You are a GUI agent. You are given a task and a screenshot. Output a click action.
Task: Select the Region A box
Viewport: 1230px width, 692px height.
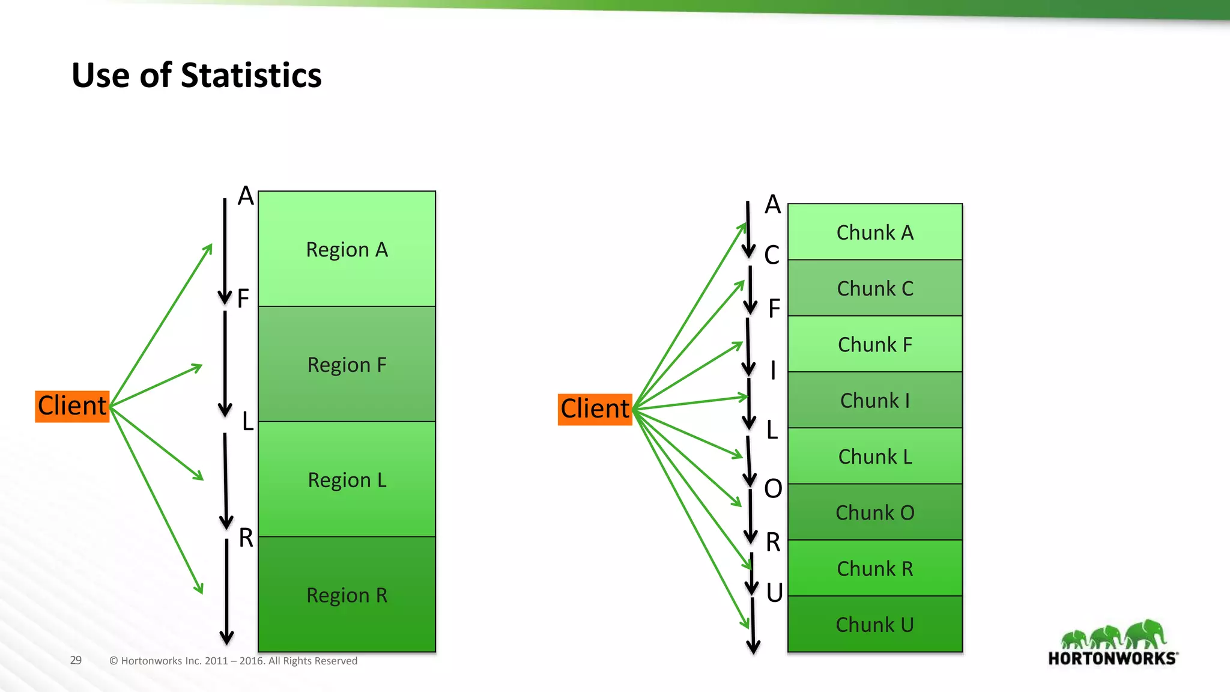pos(347,249)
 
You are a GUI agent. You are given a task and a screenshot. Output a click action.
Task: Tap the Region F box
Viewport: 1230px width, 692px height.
pos(347,364)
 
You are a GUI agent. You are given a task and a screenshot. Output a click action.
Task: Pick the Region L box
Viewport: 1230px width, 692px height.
pos(347,479)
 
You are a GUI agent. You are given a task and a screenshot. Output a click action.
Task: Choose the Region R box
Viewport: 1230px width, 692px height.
pos(347,595)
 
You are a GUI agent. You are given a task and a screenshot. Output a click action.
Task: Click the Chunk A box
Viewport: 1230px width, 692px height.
pos(874,232)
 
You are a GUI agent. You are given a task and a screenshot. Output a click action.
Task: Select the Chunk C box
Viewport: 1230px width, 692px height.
pos(874,288)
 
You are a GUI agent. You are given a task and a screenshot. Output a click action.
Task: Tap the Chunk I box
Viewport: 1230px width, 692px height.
pos(874,400)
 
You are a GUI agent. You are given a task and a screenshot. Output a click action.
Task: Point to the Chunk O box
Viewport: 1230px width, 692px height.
pos(874,512)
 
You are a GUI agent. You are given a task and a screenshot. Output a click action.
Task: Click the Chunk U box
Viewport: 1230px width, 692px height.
pos(874,624)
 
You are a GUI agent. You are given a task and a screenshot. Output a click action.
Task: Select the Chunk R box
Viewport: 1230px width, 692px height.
pos(874,568)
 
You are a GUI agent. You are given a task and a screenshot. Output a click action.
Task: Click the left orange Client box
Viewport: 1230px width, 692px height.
pos(72,406)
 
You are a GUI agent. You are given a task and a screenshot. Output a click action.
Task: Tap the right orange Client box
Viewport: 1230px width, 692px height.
pos(595,409)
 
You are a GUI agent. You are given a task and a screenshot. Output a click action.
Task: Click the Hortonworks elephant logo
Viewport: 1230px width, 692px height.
pos(1113,643)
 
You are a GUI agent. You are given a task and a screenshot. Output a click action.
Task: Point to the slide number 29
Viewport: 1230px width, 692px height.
pos(76,660)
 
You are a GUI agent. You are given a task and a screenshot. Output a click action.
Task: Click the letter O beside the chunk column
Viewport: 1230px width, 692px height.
pos(773,489)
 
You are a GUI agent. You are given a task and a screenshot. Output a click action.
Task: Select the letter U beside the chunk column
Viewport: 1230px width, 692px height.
pos(774,593)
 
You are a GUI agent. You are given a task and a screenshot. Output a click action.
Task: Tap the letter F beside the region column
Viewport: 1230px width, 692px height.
pos(243,299)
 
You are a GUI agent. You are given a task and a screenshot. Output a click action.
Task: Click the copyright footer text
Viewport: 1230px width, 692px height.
pos(233,661)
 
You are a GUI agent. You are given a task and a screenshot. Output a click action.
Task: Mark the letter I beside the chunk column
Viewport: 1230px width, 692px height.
pos(773,371)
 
